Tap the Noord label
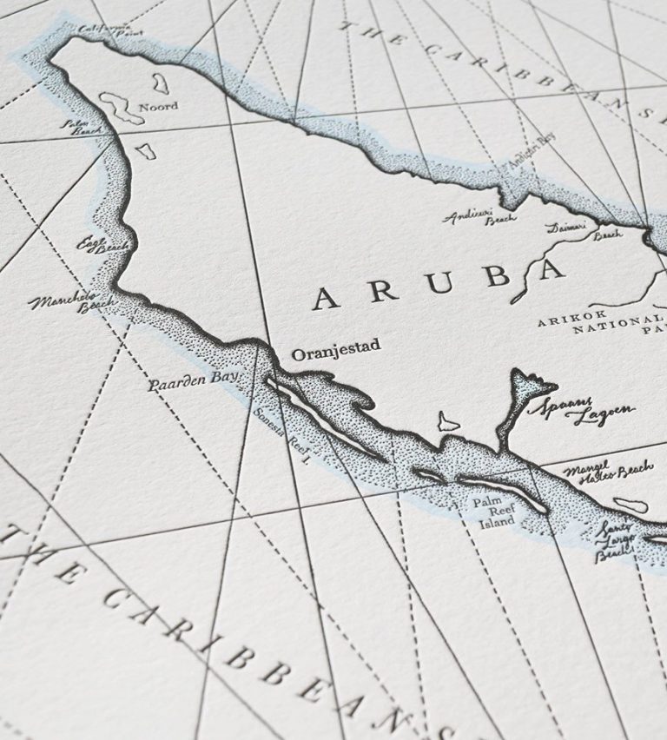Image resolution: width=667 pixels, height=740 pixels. (160, 106)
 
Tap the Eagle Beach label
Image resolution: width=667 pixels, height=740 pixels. (102, 246)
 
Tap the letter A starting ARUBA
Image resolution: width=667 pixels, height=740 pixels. (325, 299)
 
